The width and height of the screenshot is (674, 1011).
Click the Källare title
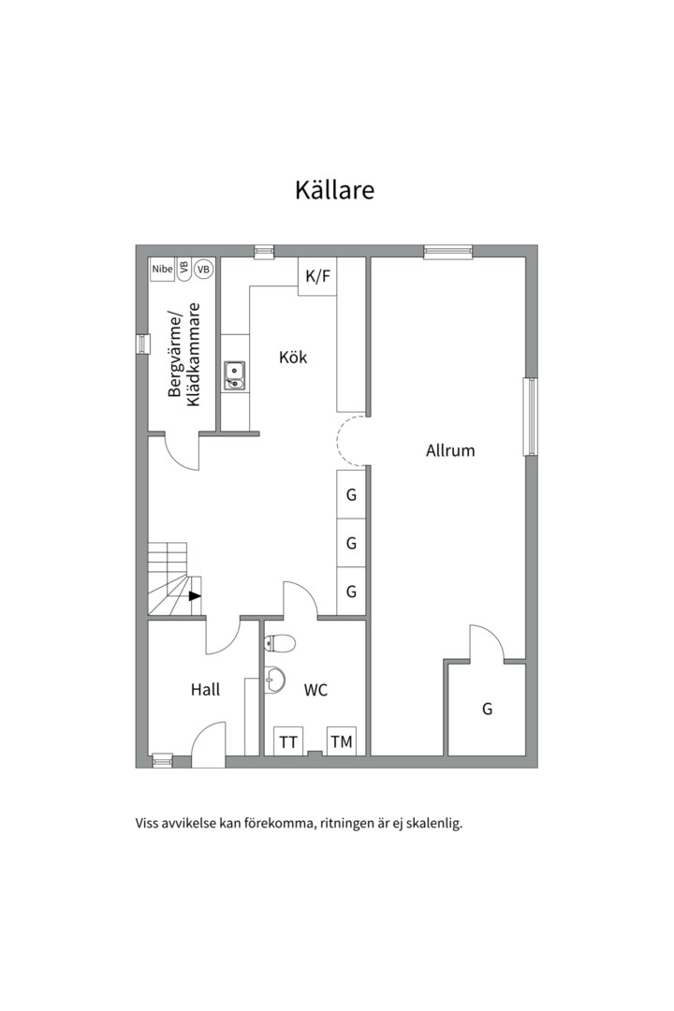pyautogui.click(x=335, y=190)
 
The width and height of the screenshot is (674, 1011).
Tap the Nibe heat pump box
pyautogui.click(x=162, y=269)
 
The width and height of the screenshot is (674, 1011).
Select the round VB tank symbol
pyautogui.click(x=204, y=269)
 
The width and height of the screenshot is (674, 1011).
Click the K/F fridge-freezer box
pyautogui.click(x=317, y=276)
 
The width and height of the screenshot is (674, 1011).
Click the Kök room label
pyautogui.click(x=293, y=358)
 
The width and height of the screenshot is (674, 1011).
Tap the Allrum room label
pyautogui.click(x=450, y=450)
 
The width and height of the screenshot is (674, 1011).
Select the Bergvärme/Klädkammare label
pyautogui.click(x=184, y=355)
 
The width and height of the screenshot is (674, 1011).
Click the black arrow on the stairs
pyautogui.click(x=195, y=595)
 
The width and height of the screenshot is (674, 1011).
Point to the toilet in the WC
pyautogui.click(x=280, y=642)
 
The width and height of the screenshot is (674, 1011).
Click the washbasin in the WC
pyautogui.click(x=275, y=679)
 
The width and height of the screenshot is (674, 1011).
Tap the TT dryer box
pyautogui.click(x=288, y=741)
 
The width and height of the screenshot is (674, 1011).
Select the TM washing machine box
pyautogui.click(x=342, y=741)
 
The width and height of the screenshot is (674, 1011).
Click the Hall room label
pyautogui.click(x=205, y=690)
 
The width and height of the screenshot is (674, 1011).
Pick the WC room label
pyautogui.click(x=316, y=690)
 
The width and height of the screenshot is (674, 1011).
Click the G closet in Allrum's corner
pyautogui.click(x=487, y=709)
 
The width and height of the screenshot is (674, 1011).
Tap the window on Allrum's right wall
pyautogui.click(x=530, y=417)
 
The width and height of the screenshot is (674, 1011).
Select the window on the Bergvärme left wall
pyautogui.click(x=141, y=344)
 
